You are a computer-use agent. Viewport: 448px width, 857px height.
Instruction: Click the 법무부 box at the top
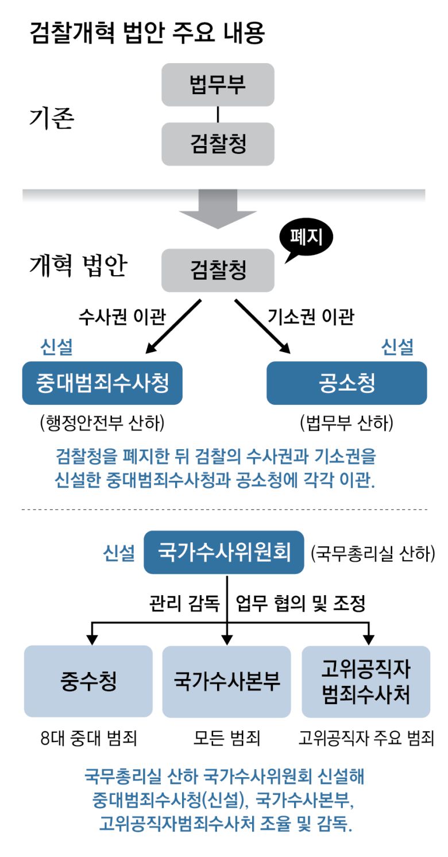[218, 84]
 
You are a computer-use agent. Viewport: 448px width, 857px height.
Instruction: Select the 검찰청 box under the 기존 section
[218, 144]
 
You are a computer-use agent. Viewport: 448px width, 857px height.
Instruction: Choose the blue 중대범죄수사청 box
[102, 383]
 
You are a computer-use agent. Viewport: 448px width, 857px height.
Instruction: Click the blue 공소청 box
[346, 383]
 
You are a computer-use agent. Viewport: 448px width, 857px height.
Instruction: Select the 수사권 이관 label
[122, 316]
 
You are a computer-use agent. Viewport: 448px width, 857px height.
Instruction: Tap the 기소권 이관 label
[311, 316]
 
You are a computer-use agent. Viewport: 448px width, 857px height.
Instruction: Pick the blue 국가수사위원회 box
[223, 553]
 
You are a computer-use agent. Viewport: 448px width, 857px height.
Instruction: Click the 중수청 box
[88, 682]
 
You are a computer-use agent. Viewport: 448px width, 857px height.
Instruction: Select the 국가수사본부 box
[227, 682]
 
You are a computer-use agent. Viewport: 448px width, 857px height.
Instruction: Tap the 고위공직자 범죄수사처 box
[366, 682]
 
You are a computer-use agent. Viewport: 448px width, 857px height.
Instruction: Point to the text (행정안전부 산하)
[102, 423]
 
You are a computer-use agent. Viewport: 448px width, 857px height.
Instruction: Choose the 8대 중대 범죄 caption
[88, 738]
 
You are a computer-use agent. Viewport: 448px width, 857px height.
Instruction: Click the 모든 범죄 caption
[227, 738]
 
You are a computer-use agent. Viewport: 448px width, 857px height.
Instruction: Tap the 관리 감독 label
[184, 604]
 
